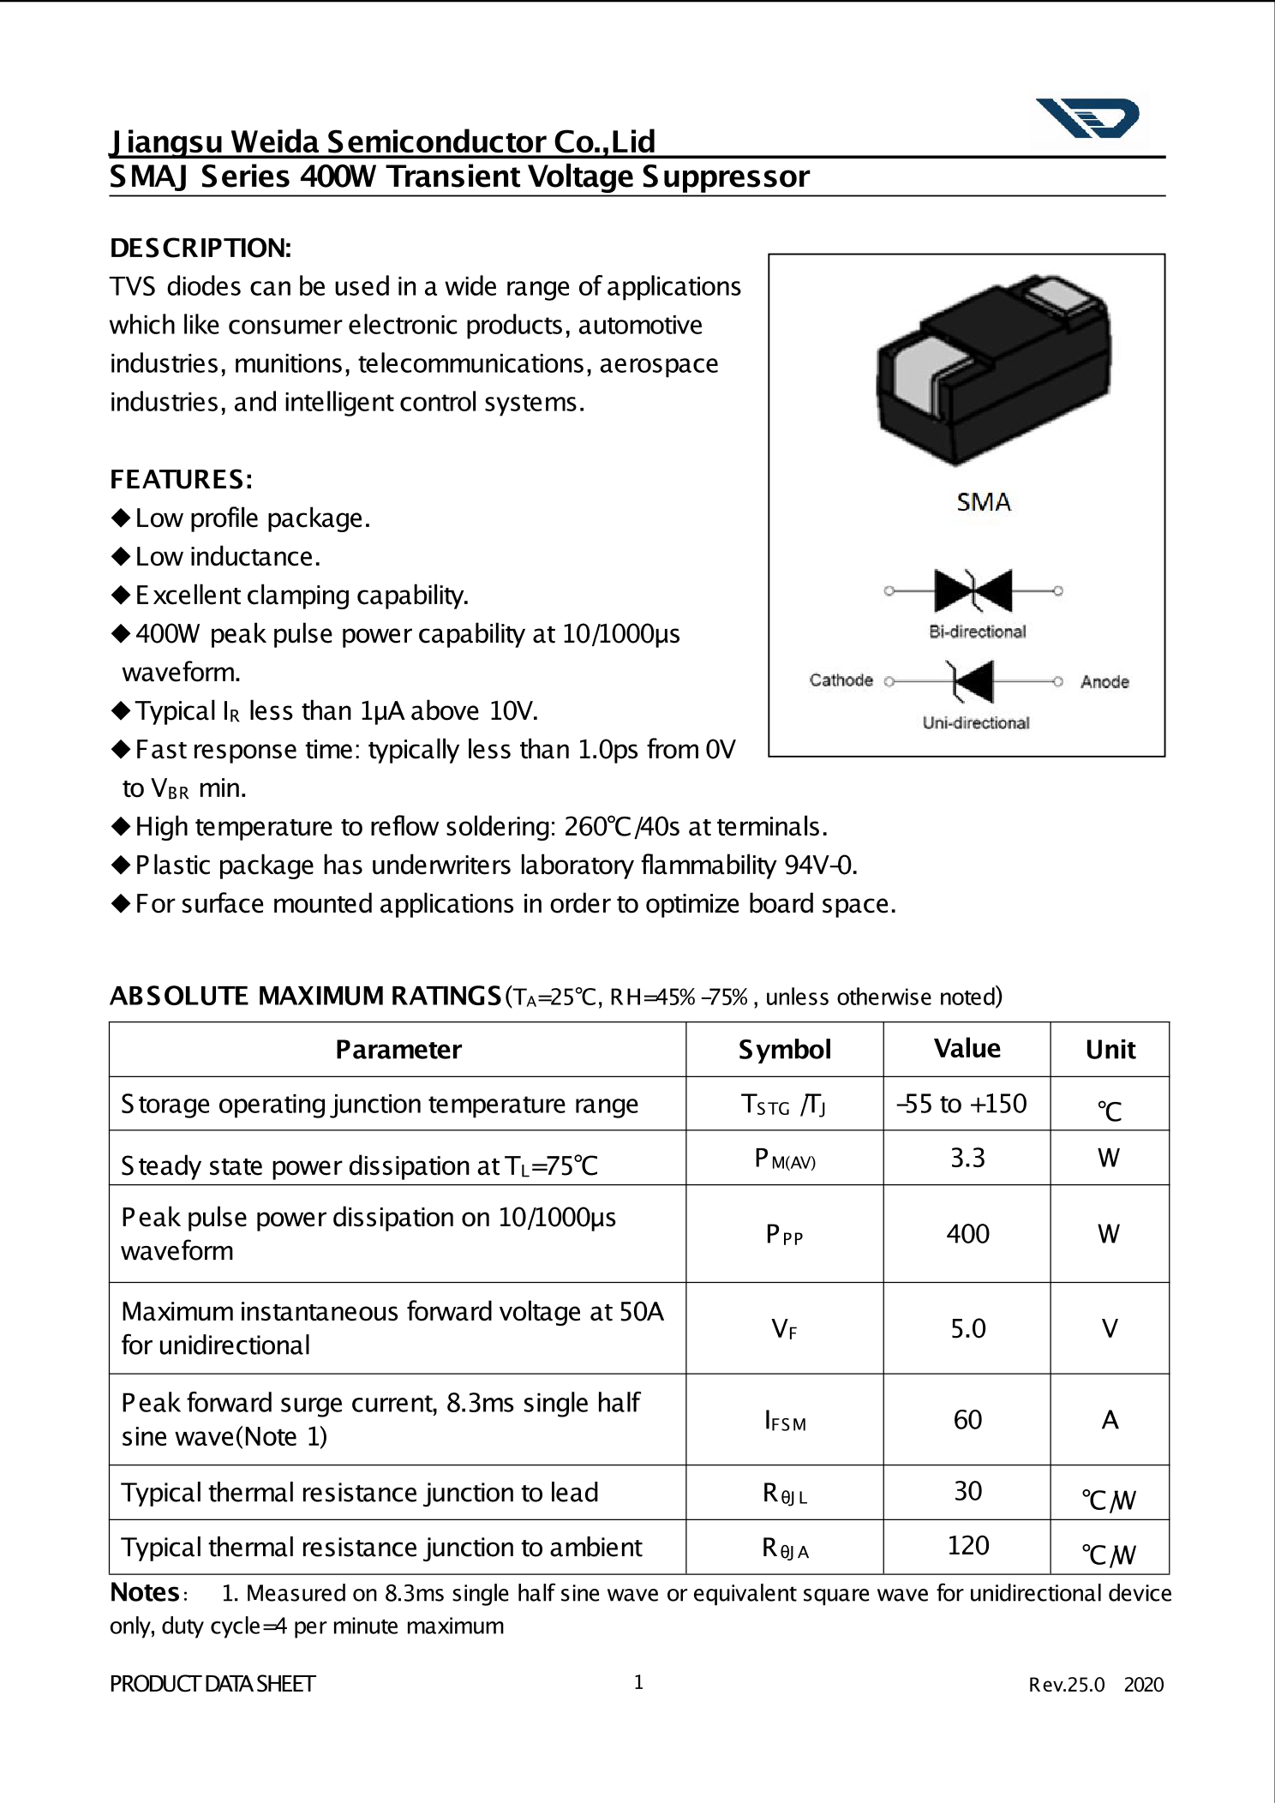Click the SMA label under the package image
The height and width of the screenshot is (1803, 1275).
tap(984, 502)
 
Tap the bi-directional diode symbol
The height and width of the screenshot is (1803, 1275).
tap(973, 590)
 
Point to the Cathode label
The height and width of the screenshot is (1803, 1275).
tap(841, 680)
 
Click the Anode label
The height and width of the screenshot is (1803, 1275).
tap(1104, 682)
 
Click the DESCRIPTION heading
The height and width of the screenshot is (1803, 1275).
tap(201, 249)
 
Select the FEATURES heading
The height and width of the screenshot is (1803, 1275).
tap(181, 480)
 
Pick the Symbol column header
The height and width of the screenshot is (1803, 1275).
tap(784, 1050)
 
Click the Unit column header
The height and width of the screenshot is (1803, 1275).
tap(1110, 1050)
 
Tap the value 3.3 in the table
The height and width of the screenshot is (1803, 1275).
tap(967, 1159)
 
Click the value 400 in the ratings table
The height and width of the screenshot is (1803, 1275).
tap(967, 1234)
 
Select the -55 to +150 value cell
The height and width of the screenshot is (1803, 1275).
tap(961, 1104)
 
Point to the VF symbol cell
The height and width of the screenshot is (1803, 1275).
tap(784, 1329)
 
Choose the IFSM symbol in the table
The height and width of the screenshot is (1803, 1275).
tap(785, 1421)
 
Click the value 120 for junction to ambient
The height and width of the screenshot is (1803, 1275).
tap(968, 1545)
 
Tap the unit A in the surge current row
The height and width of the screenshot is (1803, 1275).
tap(1110, 1421)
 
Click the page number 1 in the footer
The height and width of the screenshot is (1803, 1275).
tap(638, 1682)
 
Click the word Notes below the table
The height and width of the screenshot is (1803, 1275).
tap(145, 1592)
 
